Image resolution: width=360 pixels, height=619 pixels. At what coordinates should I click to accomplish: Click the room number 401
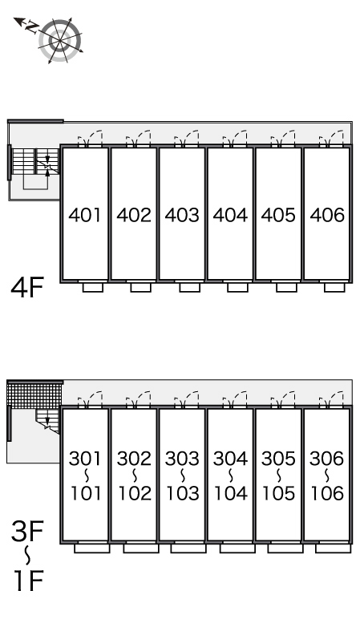click(84, 215)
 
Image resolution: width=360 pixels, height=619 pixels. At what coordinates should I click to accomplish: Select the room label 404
click(230, 215)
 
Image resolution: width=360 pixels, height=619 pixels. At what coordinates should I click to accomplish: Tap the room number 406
click(327, 215)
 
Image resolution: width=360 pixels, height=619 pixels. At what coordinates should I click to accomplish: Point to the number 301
click(84, 459)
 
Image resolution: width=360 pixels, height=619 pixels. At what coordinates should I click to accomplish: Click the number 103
click(182, 493)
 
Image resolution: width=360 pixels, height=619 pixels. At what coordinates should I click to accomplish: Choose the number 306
click(327, 459)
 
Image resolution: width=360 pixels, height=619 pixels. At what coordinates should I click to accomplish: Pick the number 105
click(279, 493)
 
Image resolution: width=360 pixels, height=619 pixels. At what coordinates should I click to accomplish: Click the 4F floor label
click(26, 287)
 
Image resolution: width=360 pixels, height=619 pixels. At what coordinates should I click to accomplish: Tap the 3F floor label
click(26, 531)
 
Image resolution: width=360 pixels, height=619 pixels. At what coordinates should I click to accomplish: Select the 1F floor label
click(28, 580)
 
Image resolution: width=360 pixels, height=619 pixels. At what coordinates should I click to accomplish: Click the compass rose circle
click(60, 40)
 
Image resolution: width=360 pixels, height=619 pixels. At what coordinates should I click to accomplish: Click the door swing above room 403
click(187, 138)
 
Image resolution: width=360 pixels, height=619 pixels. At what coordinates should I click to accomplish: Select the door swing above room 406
click(332, 138)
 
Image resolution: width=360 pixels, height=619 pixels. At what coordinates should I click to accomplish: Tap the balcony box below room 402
click(141, 287)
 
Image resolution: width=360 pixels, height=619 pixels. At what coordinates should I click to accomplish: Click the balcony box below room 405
click(286, 287)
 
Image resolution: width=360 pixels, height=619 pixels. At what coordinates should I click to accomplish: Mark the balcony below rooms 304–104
click(237, 548)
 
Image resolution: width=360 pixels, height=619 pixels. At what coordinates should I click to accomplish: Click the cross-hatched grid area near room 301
click(34, 394)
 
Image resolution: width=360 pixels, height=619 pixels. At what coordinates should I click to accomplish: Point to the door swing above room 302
click(138, 399)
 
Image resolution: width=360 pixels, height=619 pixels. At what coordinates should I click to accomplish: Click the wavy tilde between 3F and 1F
click(27, 556)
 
